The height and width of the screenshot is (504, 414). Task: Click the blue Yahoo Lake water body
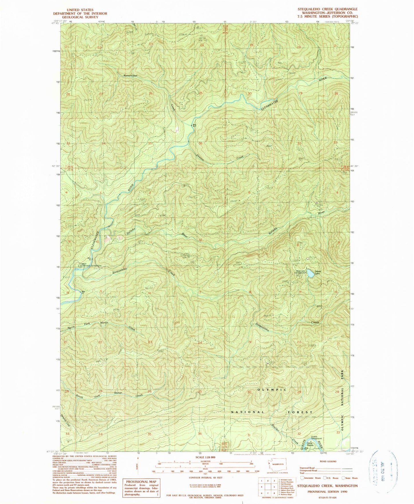(310, 273)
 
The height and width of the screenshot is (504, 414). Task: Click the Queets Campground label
(316, 438)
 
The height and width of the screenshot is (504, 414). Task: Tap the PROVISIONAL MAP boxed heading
(141, 482)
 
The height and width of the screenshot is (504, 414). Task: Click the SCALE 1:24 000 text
(201, 457)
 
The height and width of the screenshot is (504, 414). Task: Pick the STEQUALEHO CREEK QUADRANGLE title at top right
(327, 9)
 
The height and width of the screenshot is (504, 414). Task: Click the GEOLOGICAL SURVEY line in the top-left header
(77, 17)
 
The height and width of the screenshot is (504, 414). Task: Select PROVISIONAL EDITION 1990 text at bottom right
(327, 491)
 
